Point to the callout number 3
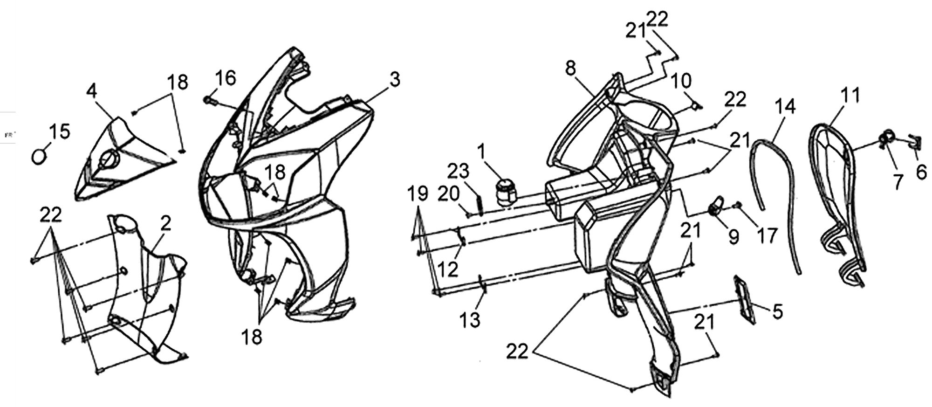[x=394, y=80]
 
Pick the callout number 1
[x=480, y=152]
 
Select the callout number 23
[x=459, y=171]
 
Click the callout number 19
[x=418, y=193]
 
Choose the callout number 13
[x=470, y=320]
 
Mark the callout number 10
[x=681, y=82]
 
